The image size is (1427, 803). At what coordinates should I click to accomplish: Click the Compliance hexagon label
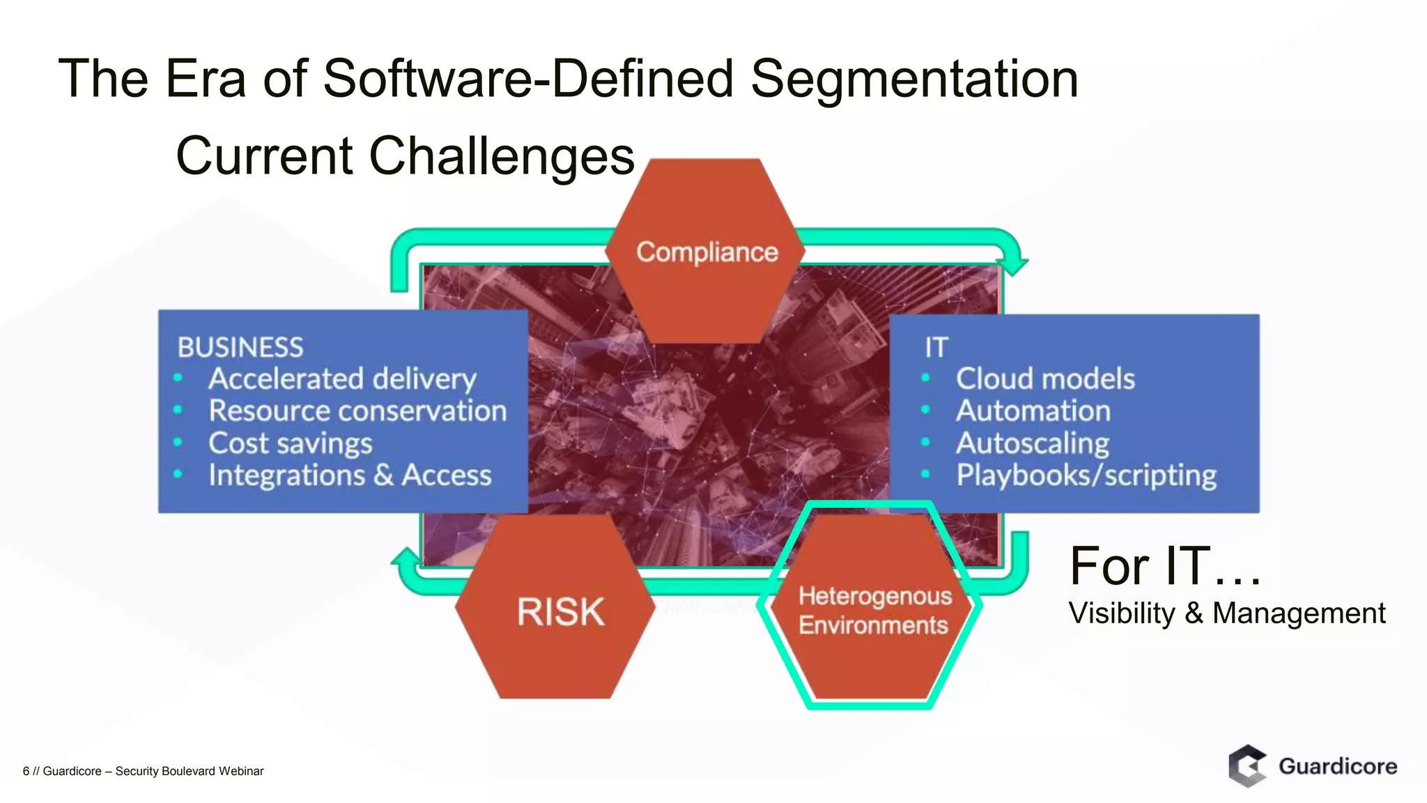click(707, 252)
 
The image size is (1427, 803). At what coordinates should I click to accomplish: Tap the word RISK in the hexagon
click(561, 612)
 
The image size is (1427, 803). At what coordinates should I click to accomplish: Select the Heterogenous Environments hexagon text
click(874, 611)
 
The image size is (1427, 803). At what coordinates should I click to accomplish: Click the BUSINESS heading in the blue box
click(240, 347)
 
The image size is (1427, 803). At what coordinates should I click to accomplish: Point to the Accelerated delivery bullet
click(342, 379)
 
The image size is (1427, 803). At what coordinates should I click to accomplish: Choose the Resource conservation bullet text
click(357, 411)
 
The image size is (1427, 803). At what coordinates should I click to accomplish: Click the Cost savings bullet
click(291, 443)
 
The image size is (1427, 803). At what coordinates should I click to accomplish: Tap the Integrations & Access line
click(350, 475)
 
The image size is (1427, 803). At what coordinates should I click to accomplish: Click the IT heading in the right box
click(936, 347)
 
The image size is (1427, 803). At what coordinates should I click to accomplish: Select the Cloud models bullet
click(1045, 379)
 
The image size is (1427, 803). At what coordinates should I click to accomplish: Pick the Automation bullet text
click(1033, 411)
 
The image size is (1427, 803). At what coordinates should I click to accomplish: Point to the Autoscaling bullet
click(1032, 443)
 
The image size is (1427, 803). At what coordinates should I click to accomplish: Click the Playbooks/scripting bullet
click(1086, 475)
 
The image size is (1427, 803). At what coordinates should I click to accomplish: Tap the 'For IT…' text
click(1164, 566)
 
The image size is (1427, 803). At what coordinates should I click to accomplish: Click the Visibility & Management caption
click(1226, 613)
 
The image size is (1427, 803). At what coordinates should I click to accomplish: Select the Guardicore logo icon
click(1247, 766)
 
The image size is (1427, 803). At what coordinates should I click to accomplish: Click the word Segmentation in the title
click(914, 78)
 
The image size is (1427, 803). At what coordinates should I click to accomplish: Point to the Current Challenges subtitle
click(405, 155)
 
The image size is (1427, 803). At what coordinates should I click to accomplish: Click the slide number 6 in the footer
click(26, 771)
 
